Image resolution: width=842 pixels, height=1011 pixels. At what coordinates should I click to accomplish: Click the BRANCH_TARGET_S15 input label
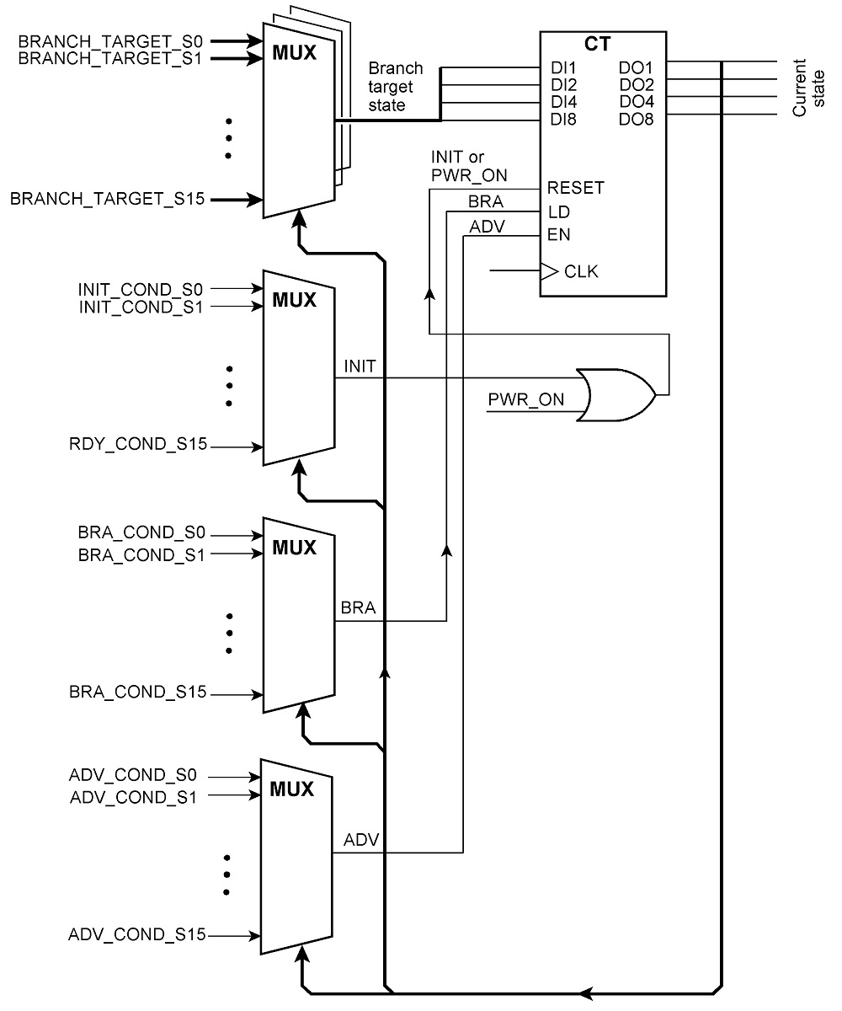(108, 199)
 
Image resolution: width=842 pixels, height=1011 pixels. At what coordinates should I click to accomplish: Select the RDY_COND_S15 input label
(138, 444)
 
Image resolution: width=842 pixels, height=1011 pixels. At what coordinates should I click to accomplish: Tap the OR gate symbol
(616, 395)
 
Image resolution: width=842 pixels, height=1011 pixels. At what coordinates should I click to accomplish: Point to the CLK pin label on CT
(581, 271)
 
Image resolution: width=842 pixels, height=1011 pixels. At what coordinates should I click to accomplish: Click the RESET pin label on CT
(575, 188)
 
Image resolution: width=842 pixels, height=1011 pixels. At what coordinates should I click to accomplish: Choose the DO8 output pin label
(636, 119)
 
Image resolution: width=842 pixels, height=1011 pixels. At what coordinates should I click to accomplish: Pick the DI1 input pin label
(563, 67)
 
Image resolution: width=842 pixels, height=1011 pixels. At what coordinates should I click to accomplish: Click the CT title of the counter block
(597, 44)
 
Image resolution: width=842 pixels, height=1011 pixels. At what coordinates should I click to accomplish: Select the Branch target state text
(396, 87)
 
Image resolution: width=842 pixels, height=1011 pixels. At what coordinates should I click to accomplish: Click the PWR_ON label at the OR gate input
(526, 400)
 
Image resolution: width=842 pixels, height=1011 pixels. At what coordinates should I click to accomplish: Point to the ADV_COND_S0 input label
(132, 775)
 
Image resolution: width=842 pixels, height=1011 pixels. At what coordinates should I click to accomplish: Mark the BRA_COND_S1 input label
(141, 555)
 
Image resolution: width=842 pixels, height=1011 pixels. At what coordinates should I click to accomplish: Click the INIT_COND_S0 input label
(141, 290)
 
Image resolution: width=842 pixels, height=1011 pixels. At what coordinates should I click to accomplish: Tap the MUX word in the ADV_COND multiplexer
(292, 789)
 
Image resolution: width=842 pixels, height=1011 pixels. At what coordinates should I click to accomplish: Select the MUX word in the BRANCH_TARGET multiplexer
(294, 53)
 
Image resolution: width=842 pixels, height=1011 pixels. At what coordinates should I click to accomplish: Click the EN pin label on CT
(558, 235)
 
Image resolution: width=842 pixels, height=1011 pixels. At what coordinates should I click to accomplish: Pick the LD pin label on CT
(559, 212)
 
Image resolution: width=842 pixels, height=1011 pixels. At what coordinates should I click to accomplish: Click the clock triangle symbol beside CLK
(549, 271)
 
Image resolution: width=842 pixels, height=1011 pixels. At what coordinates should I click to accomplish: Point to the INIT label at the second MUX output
(360, 366)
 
